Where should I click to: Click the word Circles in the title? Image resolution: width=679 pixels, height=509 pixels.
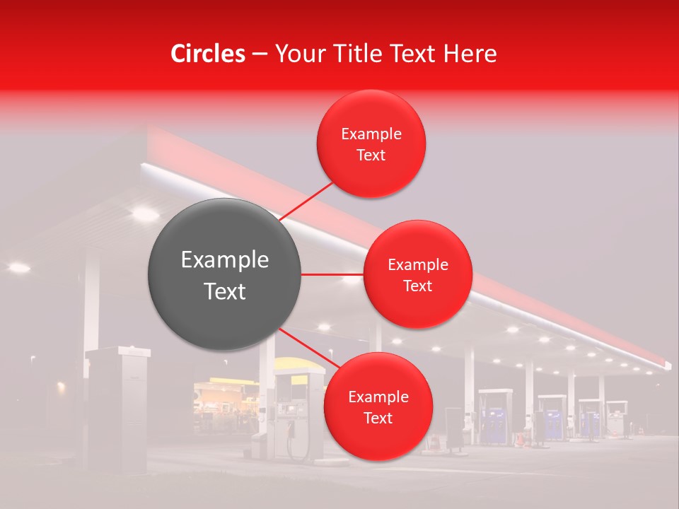pyautogui.click(x=207, y=54)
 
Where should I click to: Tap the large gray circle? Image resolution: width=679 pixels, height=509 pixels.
pyautogui.click(x=224, y=274)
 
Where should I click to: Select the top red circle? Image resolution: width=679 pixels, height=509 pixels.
pyautogui.click(x=371, y=144)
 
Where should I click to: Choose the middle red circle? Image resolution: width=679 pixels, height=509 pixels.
pyautogui.click(x=417, y=274)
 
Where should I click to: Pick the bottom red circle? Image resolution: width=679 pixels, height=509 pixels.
pyautogui.click(x=378, y=406)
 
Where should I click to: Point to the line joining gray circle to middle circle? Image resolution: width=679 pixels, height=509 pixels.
pyautogui.click(x=332, y=274)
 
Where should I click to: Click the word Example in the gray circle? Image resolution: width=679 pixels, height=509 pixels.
pyautogui.click(x=224, y=260)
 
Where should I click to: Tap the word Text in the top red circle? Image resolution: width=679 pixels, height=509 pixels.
pyautogui.click(x=371, y=156)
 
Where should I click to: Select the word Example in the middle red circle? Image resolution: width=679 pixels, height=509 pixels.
pyautogui.click(x=417, y=265)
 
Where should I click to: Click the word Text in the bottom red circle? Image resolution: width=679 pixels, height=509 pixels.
pyautogui.click(x=378, y=418)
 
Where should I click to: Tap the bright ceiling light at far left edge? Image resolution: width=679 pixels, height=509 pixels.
pyautogui.click(x=18, y=267)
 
